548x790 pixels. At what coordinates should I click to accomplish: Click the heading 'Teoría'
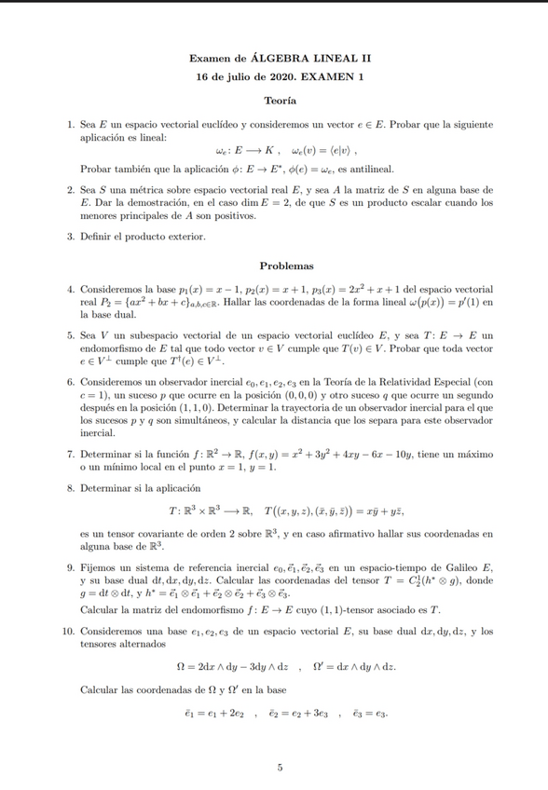280,100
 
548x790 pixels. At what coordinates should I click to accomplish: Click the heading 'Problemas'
280,266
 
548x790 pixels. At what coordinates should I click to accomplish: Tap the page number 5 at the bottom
280,767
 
